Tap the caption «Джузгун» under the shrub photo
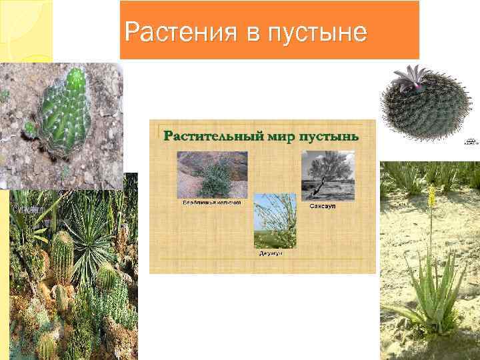[x=272, y=253]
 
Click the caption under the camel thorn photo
[x=212, y=201]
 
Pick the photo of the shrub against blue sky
[x=275, y=221]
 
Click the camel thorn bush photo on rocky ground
[x=211, y=175]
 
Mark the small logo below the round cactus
[x=471, y=141]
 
